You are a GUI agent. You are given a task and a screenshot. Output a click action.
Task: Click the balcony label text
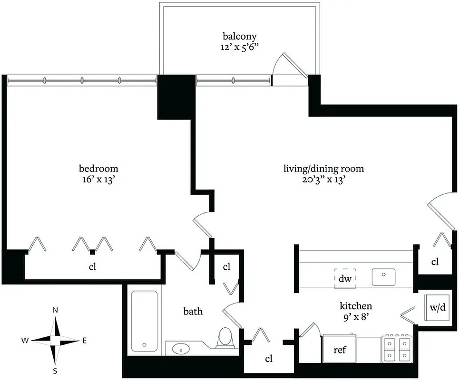click(x=239, y=36)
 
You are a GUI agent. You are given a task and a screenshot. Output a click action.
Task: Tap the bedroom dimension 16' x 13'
click(x=98, y=180)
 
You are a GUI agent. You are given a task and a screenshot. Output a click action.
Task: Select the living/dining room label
click(x=323, y=169)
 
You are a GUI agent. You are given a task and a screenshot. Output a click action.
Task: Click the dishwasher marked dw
click(x=345, y=279)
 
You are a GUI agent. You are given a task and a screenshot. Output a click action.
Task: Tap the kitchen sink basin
click(x=383, y=277)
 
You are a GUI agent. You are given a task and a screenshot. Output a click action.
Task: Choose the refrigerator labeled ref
click(x=339, y=350)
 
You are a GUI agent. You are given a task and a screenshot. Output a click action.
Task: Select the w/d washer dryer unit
click(x=438, y=307)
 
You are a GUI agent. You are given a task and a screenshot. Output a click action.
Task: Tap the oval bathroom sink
click(x=180, y=349)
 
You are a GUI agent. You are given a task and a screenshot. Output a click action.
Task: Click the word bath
click(x=193, y=312)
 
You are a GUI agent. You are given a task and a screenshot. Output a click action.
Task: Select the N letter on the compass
click(x=55, y=310)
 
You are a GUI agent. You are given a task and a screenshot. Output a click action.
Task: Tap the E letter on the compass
click(x=85, y=340)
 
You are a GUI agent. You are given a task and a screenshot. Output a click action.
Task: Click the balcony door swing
click(x=290, y=66)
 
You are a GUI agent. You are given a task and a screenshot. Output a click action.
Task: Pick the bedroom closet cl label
click(x=93, y=266)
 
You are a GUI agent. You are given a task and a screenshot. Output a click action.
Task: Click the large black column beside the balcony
click(x=176, y=97)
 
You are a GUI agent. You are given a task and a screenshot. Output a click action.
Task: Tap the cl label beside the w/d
click(x=435, y=262)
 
